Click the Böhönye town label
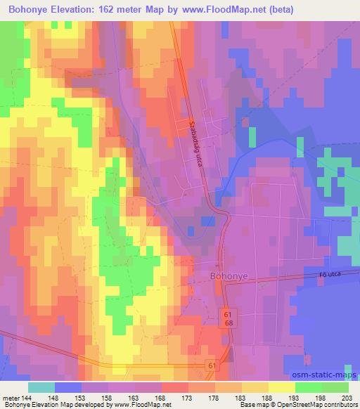click(228, 276)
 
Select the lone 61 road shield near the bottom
click(212, 365)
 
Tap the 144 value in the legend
click(27, 398)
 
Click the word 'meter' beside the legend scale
click(10, 398)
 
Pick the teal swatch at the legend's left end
click(41, 387)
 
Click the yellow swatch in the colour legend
click(281, 387)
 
